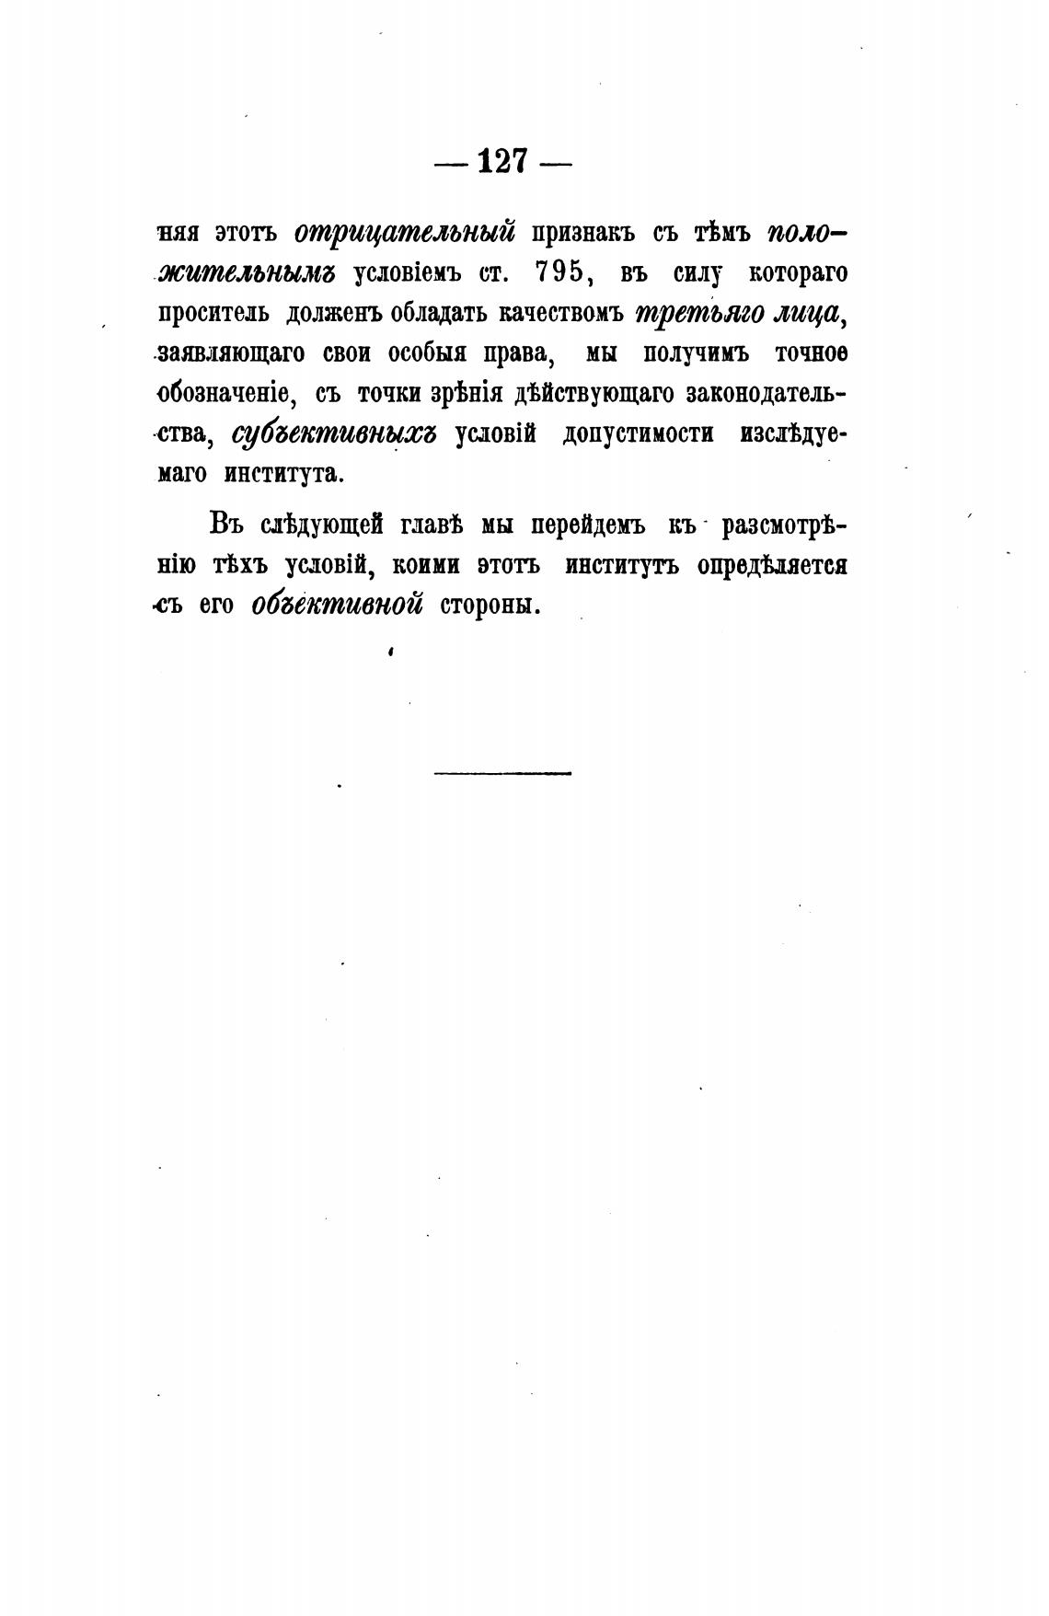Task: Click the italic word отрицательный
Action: pos(404,232)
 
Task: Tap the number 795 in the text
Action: pos(560,272)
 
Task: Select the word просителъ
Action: pos(213,313)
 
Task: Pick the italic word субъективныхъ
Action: pos(333,434)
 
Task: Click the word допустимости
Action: pos(638,434)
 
